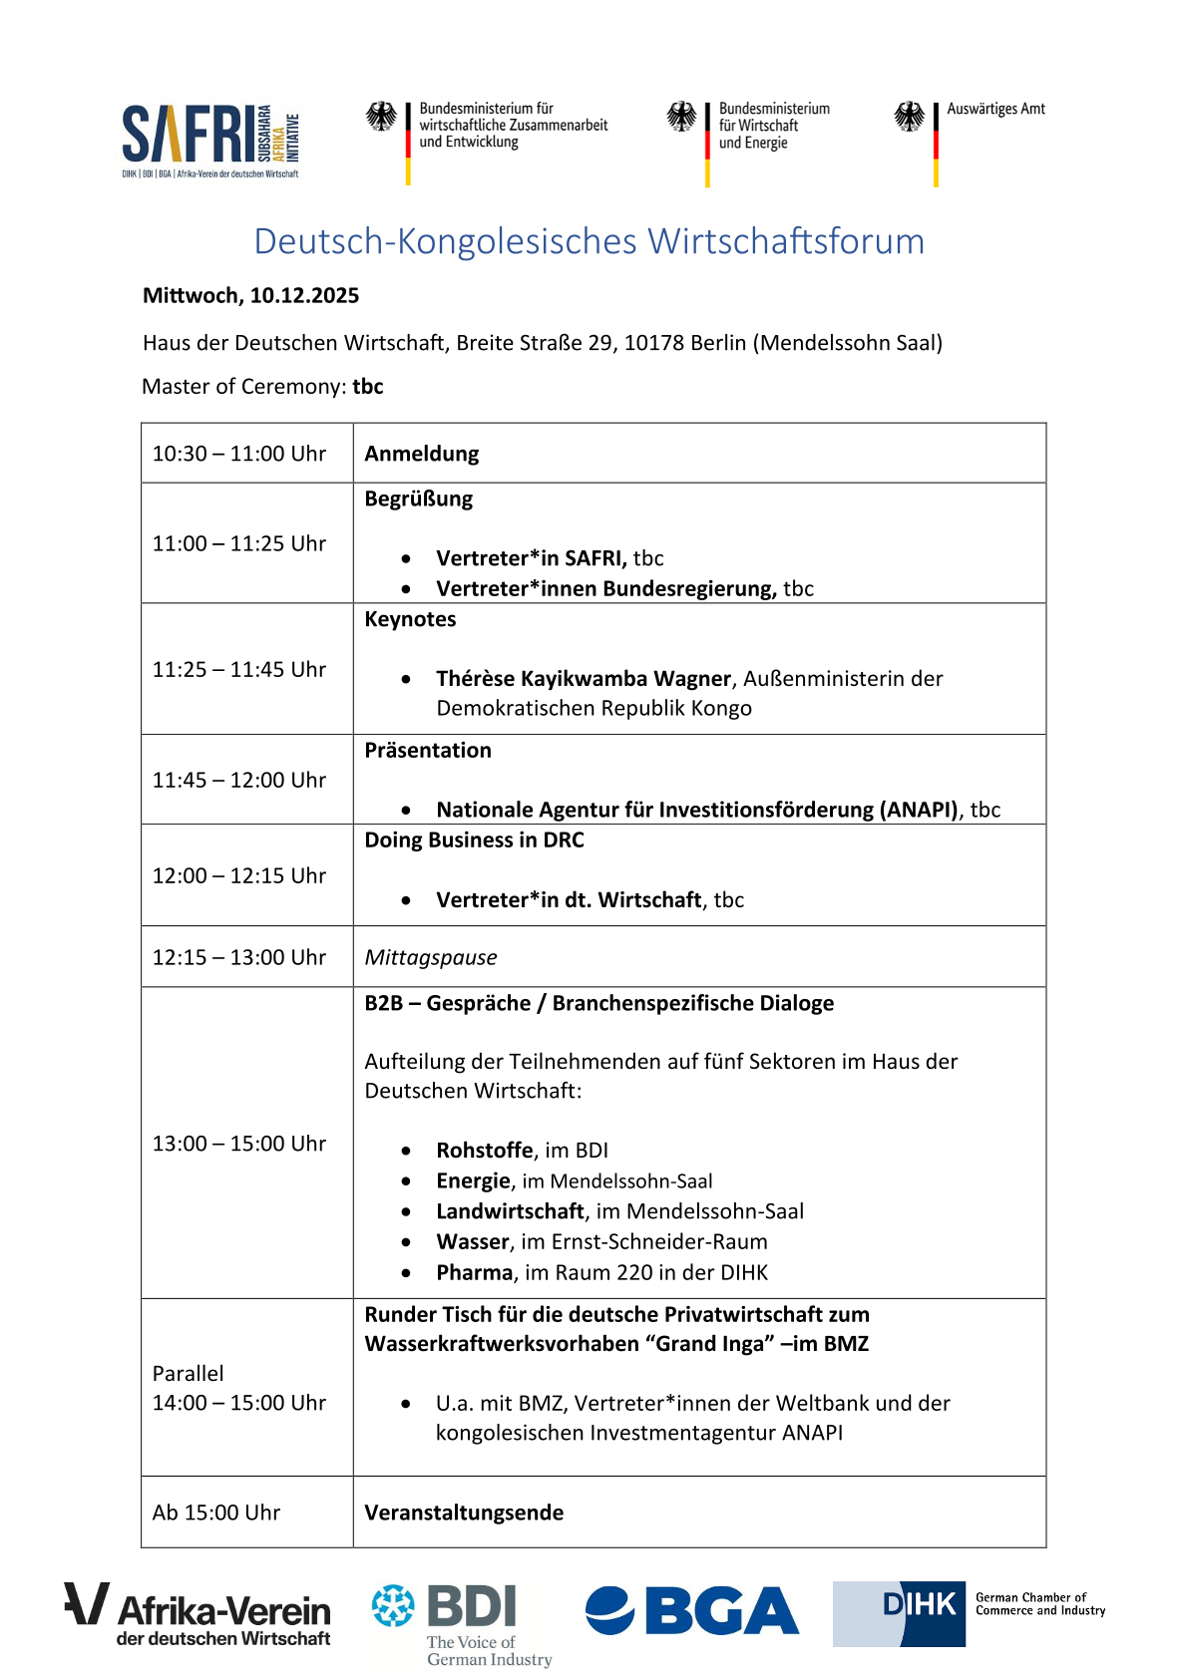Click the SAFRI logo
209,140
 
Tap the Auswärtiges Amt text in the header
995,110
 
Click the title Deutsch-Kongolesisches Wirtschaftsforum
589,241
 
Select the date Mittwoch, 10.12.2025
250,296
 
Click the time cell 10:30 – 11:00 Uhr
239,454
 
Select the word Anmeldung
421,454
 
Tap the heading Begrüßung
418,499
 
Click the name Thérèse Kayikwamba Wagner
584,679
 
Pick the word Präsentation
427,750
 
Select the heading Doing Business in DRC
474,839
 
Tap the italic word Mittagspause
430,957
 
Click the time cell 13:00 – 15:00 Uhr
239,1144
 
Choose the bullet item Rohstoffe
485,1151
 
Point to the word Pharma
475,1273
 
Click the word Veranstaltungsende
464,1512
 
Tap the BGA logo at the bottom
691,1611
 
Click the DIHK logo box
900,1613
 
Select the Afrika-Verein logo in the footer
198,1613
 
